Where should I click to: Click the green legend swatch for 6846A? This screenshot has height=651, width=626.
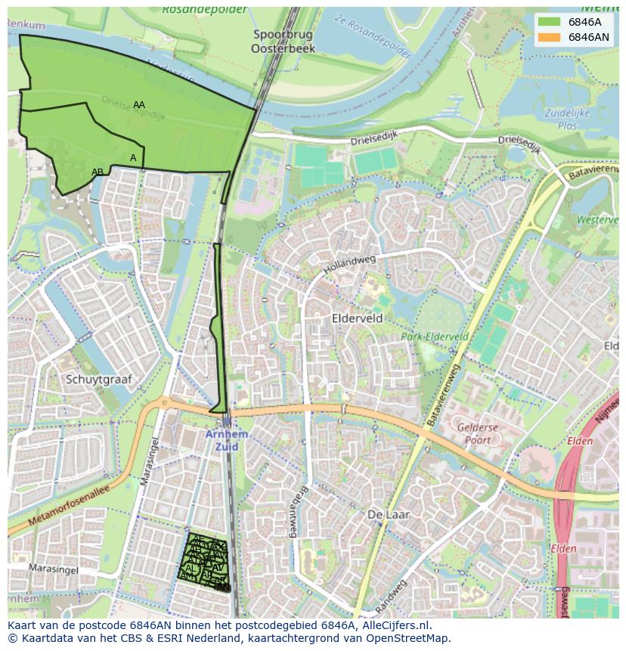[x=549, y=22]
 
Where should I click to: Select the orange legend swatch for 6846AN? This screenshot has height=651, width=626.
[x=549, y=37]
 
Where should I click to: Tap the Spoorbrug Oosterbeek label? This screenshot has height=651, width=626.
[x=284, y=42]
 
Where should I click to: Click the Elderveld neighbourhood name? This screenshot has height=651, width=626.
[x=357, y=319]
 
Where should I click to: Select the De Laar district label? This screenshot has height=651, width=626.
[x=388, y=514]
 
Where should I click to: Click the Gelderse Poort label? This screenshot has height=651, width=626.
[x=478, y=434]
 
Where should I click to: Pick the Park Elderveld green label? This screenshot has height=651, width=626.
[x=435, y=336]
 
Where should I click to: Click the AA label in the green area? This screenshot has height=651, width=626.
[x=139, y=105]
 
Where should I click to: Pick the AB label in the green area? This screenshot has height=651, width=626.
[x=98, y=172]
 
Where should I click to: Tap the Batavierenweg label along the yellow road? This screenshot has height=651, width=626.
[x=444, y=393]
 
